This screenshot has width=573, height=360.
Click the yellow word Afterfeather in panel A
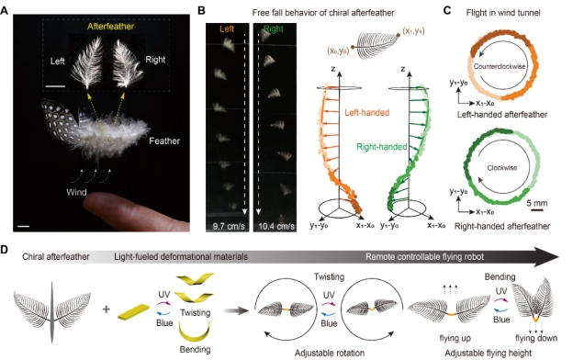[x=110, y=27]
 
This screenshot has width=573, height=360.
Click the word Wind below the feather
[x=76, y=192]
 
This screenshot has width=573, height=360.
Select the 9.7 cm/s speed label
[x=229, y=226]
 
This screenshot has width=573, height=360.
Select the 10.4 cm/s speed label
[x=275, y=226]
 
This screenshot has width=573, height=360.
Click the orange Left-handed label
[x=367, y=113]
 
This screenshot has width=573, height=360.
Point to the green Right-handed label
[x=381, y=147]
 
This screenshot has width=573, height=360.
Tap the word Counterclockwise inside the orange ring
[x=500, y=66]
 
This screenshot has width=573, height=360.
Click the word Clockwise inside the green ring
[x=502, y=168]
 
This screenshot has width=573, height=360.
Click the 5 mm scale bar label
[x=537, y=203]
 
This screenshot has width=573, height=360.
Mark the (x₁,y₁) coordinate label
[x=413, y=31]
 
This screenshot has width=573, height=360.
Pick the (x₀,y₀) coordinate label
[x=339, y=51]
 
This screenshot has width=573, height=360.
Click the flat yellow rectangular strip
[x=133, y=311]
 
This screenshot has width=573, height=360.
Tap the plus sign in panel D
[x=107, y=309]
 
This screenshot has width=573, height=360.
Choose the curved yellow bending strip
[x=194, y=332]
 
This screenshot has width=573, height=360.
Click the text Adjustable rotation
[x=330, y=353]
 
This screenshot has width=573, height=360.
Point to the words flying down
[x=536, y=338]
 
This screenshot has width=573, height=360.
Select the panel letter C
[x=447, y=10]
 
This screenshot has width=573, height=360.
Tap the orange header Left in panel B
[x=227, y=28]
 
